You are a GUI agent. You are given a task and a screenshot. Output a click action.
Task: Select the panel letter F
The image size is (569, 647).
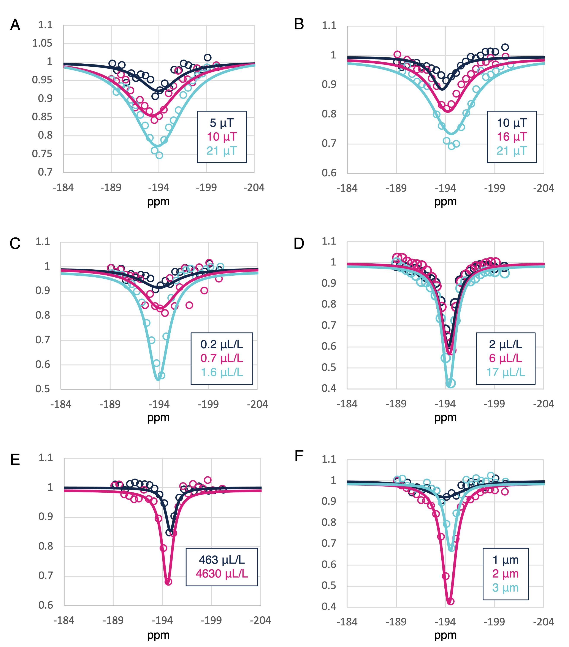click(x=299, y=456)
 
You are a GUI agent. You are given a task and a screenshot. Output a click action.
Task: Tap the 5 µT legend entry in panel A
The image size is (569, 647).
click(x=222, y=123)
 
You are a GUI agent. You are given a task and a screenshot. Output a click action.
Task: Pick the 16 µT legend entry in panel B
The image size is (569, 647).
click(x=512, y=137)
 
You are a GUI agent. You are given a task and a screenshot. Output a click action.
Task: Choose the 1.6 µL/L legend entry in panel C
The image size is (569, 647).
click(x=222, y=372)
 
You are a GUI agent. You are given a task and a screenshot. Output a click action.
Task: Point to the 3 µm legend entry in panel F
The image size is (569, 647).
click(x=505, y=588)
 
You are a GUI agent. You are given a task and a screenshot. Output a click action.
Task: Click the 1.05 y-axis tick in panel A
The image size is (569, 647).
click(x=42, y=43)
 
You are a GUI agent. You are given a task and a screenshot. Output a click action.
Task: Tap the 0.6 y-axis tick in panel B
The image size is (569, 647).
click(x=329, y=173)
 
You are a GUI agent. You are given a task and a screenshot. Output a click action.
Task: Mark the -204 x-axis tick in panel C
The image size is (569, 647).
click(x=257, y=404)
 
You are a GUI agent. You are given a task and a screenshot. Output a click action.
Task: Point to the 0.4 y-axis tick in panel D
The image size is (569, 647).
click(x=329, y=388)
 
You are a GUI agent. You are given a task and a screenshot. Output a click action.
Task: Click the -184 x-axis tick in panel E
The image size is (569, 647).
click(x=64, y=620)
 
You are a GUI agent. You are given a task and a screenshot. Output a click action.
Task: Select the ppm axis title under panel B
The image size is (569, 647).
click(x=445, y=202)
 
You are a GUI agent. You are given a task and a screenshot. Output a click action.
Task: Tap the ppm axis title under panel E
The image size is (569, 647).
click(x=158, y=635)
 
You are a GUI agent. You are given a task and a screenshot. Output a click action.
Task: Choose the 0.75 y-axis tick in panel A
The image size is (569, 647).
click(x=42, y=154)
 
